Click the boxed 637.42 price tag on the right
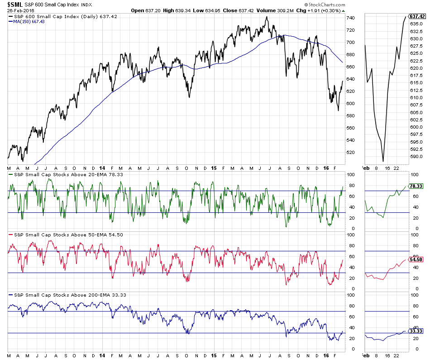click(x=417, y=16)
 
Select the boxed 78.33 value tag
click(x=416, y=186)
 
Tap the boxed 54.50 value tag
click(x=416, y=259)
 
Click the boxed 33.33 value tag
click(x=416, y=331)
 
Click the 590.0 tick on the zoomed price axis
click(x=416, y=156)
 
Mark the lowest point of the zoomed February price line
click(x=383, y=161)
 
